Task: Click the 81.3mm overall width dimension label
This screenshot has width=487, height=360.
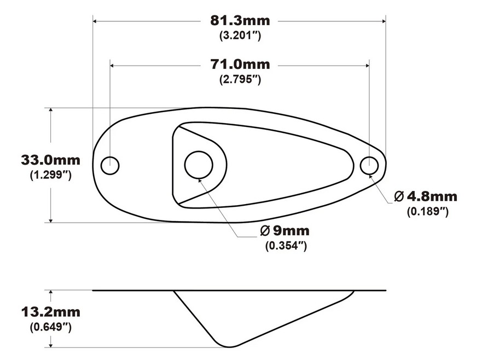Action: click(240, 21)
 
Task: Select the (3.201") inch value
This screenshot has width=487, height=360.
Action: click(240, 36)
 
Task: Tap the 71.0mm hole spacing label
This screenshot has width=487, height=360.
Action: click(240, 65)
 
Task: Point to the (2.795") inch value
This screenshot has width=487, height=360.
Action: click(240, 79)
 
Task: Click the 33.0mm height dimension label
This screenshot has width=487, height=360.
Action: click(51, 160)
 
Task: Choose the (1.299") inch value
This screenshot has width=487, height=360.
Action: click(51, 175)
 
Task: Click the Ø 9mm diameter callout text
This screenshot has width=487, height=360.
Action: click(285, 231)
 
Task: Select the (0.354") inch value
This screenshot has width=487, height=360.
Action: click(286, 246)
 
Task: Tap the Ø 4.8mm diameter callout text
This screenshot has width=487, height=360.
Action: click(426, 196)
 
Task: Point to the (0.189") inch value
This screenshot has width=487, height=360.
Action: click(428, 212)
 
